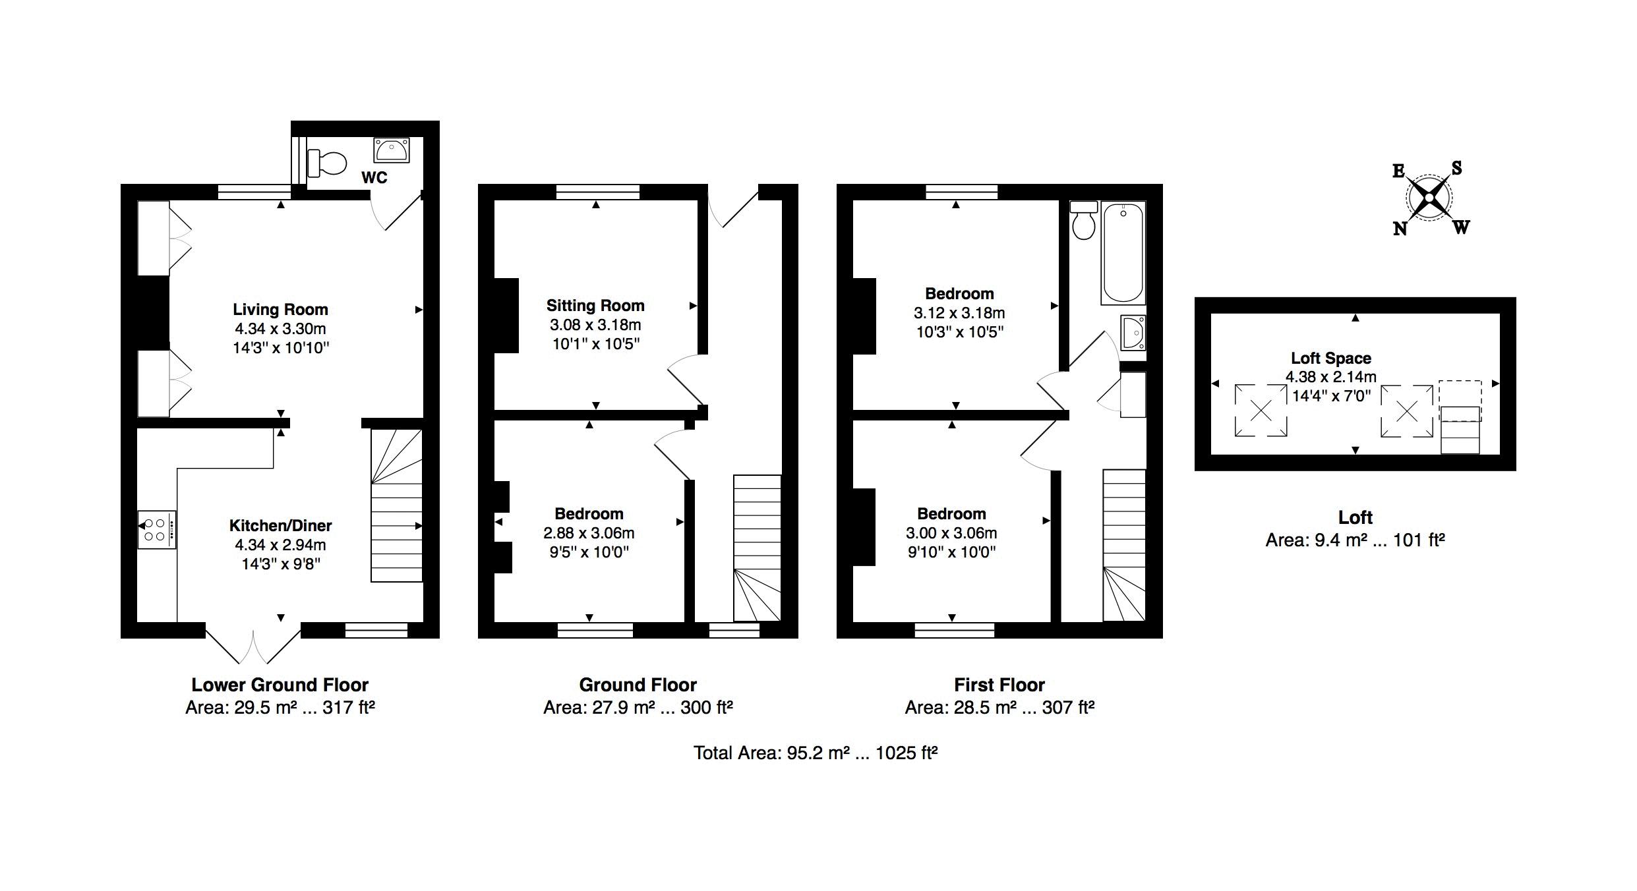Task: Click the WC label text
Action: (x=374, y=177)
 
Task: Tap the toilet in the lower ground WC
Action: (x=327, y=163)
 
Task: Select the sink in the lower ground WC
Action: (x=392, y=150)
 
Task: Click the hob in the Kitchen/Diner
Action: (x=157, y=529)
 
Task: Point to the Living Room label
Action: (x=280, y=309)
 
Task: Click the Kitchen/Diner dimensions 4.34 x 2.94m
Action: (x=280, y=545)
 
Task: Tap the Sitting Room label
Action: (x=595, y=305)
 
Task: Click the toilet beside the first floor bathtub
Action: (x=1084, y=220)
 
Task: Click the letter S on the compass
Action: (x=1456, y=168)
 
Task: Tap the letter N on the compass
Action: (x=1400, y=229)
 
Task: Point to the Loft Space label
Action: (x=1330, y=358)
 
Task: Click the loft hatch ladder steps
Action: (x=1460, y=430)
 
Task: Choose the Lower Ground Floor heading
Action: (x=280, y=685)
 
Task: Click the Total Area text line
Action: (x=816, y=753)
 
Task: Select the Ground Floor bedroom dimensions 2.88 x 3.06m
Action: (x=589, y=533)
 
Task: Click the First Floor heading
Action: (x=999, y=685)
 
